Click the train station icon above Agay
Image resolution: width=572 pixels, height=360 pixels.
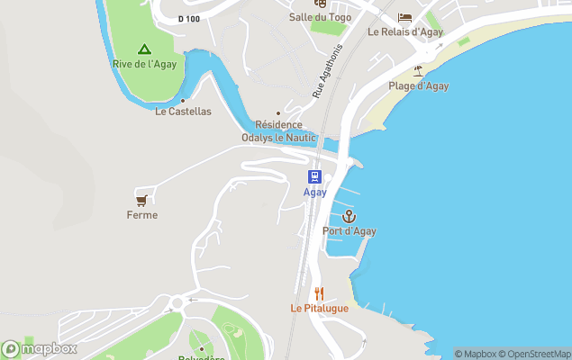(x=314, y=176)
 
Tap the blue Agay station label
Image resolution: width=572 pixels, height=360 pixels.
(x=314, y=193)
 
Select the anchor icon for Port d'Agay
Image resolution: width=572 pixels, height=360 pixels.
(x=349, y=216)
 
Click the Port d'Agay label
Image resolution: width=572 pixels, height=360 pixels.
(x=350, y=231)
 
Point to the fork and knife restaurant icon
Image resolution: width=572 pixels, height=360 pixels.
(x=319, y=293)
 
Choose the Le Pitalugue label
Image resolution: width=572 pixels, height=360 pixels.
(x=319, y=308)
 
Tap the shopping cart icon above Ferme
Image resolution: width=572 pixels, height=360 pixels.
(x=141, y=199)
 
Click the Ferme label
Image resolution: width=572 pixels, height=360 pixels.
(x=142, y=215)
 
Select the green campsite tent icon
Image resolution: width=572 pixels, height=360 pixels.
(x=143, y=49)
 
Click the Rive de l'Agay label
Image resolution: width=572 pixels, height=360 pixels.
(x=144, y=64)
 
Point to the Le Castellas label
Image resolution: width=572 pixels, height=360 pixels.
(x=183, y=112)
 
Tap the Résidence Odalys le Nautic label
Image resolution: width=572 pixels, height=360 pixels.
(x=278, y=131)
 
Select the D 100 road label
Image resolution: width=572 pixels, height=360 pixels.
(x=188, y=18)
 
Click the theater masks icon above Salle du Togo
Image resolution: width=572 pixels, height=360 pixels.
(x=319, y=3)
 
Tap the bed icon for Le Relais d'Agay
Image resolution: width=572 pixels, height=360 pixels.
(x=404, y=17)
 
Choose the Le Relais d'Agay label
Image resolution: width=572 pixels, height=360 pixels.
(x=405, y=31)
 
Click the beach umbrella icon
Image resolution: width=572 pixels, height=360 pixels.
(x=418, y=70)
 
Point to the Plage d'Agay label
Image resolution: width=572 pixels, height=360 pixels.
(x=418, y=86)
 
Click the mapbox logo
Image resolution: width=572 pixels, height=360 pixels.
(x=40, y=348)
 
